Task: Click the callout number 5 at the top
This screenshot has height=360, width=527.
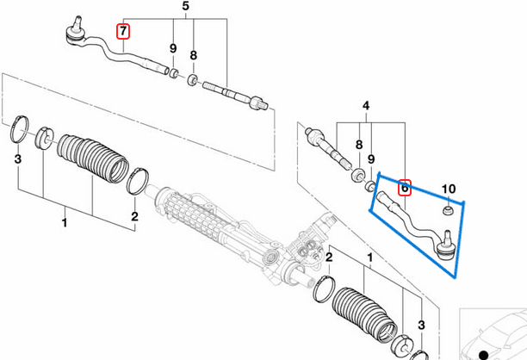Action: click(184, 8)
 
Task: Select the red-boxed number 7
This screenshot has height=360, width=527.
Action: click(123, 32)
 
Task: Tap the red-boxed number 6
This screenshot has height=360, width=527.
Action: click(406, 185)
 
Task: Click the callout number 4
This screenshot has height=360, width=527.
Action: click(365, 107)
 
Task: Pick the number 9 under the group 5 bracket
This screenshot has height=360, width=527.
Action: click(172, 48)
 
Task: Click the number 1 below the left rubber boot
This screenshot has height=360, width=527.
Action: click(64, 223)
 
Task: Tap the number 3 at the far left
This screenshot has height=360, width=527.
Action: click(17, 160)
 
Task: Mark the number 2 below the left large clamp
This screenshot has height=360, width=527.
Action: click(134, 216)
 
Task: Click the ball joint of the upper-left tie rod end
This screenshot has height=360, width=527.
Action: click(73, 33)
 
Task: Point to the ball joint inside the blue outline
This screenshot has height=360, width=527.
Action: click(445, 251)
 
